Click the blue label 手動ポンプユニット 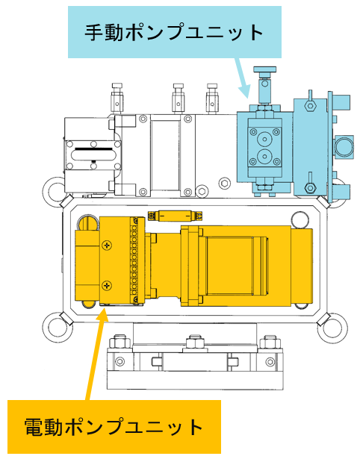[175, 32]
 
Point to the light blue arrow [243, 78]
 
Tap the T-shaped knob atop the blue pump [265, 70]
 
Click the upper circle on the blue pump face [265, 139]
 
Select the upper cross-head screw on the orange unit [108, 245]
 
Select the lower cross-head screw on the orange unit [108, 285]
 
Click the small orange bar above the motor [176, 216]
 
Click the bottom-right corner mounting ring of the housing [332, 328]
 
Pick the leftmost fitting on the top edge [117, 98]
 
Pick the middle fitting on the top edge [178, 98]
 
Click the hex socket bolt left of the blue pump [225, 184]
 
